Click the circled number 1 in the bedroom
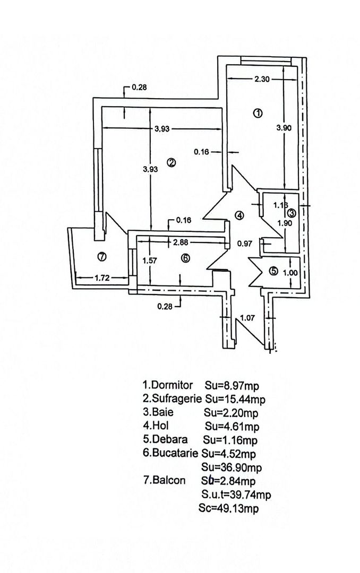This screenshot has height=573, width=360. (258, 113)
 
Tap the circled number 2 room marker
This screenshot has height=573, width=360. (171, 163)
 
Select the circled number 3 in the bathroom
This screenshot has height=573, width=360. (291, 212)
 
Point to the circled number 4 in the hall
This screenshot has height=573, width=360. (239, 215)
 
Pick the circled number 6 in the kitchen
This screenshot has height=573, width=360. (186, 258)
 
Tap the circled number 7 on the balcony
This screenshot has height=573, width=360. (102, 257)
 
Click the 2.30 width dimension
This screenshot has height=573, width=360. (262, 79)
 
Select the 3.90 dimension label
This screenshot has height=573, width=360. (284, 128)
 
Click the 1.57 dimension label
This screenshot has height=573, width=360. (150, 261)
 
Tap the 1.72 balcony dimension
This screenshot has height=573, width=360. (102, 278)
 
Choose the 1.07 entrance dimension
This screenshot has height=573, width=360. (247, 318)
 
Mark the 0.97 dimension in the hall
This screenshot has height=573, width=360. (244, 244)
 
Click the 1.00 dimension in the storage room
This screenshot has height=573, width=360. (290, 273)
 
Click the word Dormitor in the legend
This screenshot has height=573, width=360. (172, 385)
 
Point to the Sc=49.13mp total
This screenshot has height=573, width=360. (229, 508)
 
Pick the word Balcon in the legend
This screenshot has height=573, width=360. (169, 480)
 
